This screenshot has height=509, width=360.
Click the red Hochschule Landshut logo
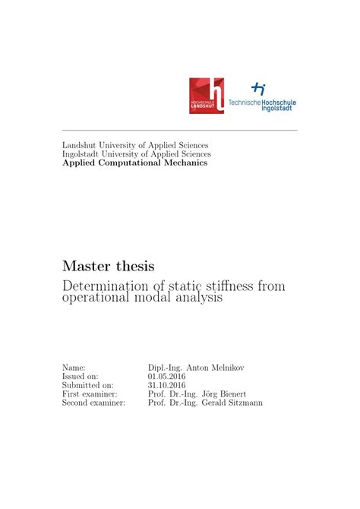coord(207,96)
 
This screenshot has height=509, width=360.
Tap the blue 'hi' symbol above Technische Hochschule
coord(259,89)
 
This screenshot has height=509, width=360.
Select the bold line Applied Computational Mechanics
coord(134,163)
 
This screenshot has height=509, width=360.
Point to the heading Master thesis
coord(108,267)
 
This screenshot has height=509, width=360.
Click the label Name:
coord(74,368)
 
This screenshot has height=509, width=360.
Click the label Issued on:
coord(80,376)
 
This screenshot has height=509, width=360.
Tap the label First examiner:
coord(90,394)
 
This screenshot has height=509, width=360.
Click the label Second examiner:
coord(93,403)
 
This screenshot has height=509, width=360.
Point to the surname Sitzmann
coord(244,403)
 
